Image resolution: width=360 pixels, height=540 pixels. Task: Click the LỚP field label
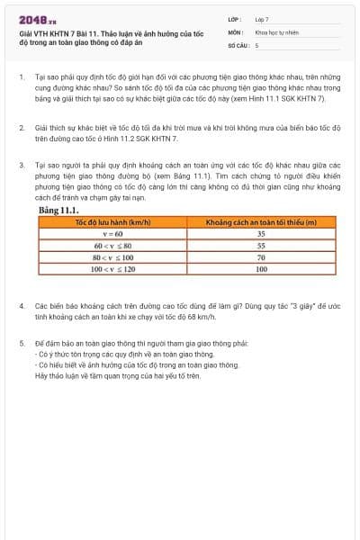[x=234, y=19]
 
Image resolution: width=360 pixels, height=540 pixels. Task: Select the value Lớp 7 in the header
[x=262, y=19]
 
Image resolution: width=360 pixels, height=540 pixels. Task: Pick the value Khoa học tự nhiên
[x=275, y=31]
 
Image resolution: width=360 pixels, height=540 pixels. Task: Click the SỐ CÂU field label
[x=237, y=44]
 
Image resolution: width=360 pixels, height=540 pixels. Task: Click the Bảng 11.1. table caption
[x=59, y=210]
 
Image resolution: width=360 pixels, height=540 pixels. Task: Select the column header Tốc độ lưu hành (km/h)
[x=112, y=221]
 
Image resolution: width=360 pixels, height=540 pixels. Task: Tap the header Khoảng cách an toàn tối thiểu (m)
[x=261, y=221]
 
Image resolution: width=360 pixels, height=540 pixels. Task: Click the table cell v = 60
[x=112, y=233]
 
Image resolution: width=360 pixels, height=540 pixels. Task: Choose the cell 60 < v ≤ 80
[x=112, y=245]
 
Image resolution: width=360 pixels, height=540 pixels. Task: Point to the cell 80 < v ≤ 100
[x=112, y=256]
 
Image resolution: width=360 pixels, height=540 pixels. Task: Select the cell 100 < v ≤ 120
[x=112, y=268]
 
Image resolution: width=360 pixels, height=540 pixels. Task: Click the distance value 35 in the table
[x=261, y=233]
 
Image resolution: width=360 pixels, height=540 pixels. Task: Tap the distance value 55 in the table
[x=261, y=245]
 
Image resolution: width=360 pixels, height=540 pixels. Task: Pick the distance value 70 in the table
[x=261, y=256]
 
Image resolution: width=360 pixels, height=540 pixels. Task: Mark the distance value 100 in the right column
[x=261, y=268]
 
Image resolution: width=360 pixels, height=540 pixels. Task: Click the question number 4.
[x=22, y=306]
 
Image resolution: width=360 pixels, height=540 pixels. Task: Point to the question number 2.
[x=22, y=128]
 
